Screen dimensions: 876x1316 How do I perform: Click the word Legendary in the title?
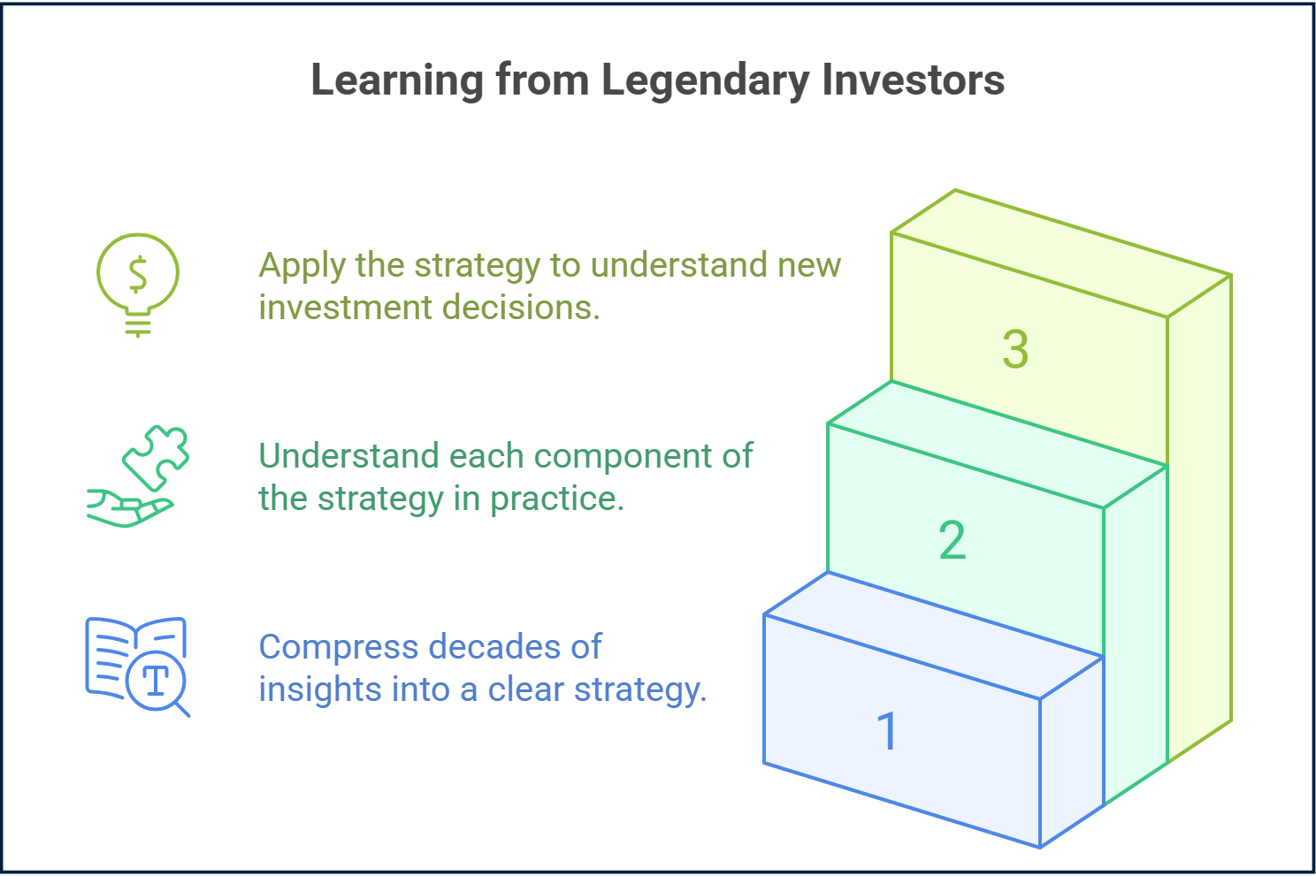pos(705,80)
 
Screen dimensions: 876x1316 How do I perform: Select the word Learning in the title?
pos(396,80)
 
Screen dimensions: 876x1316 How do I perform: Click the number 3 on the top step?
pos(1015,349)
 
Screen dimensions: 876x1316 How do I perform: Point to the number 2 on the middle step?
pos(952,540)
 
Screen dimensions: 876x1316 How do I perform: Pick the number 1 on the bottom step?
pos(887,732)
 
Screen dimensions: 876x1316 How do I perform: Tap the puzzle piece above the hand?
pos(157,456)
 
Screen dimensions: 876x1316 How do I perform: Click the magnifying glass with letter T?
pos(157,681)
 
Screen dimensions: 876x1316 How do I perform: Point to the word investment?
pos(345,308)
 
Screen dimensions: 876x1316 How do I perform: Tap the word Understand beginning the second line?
pos(348,456)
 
